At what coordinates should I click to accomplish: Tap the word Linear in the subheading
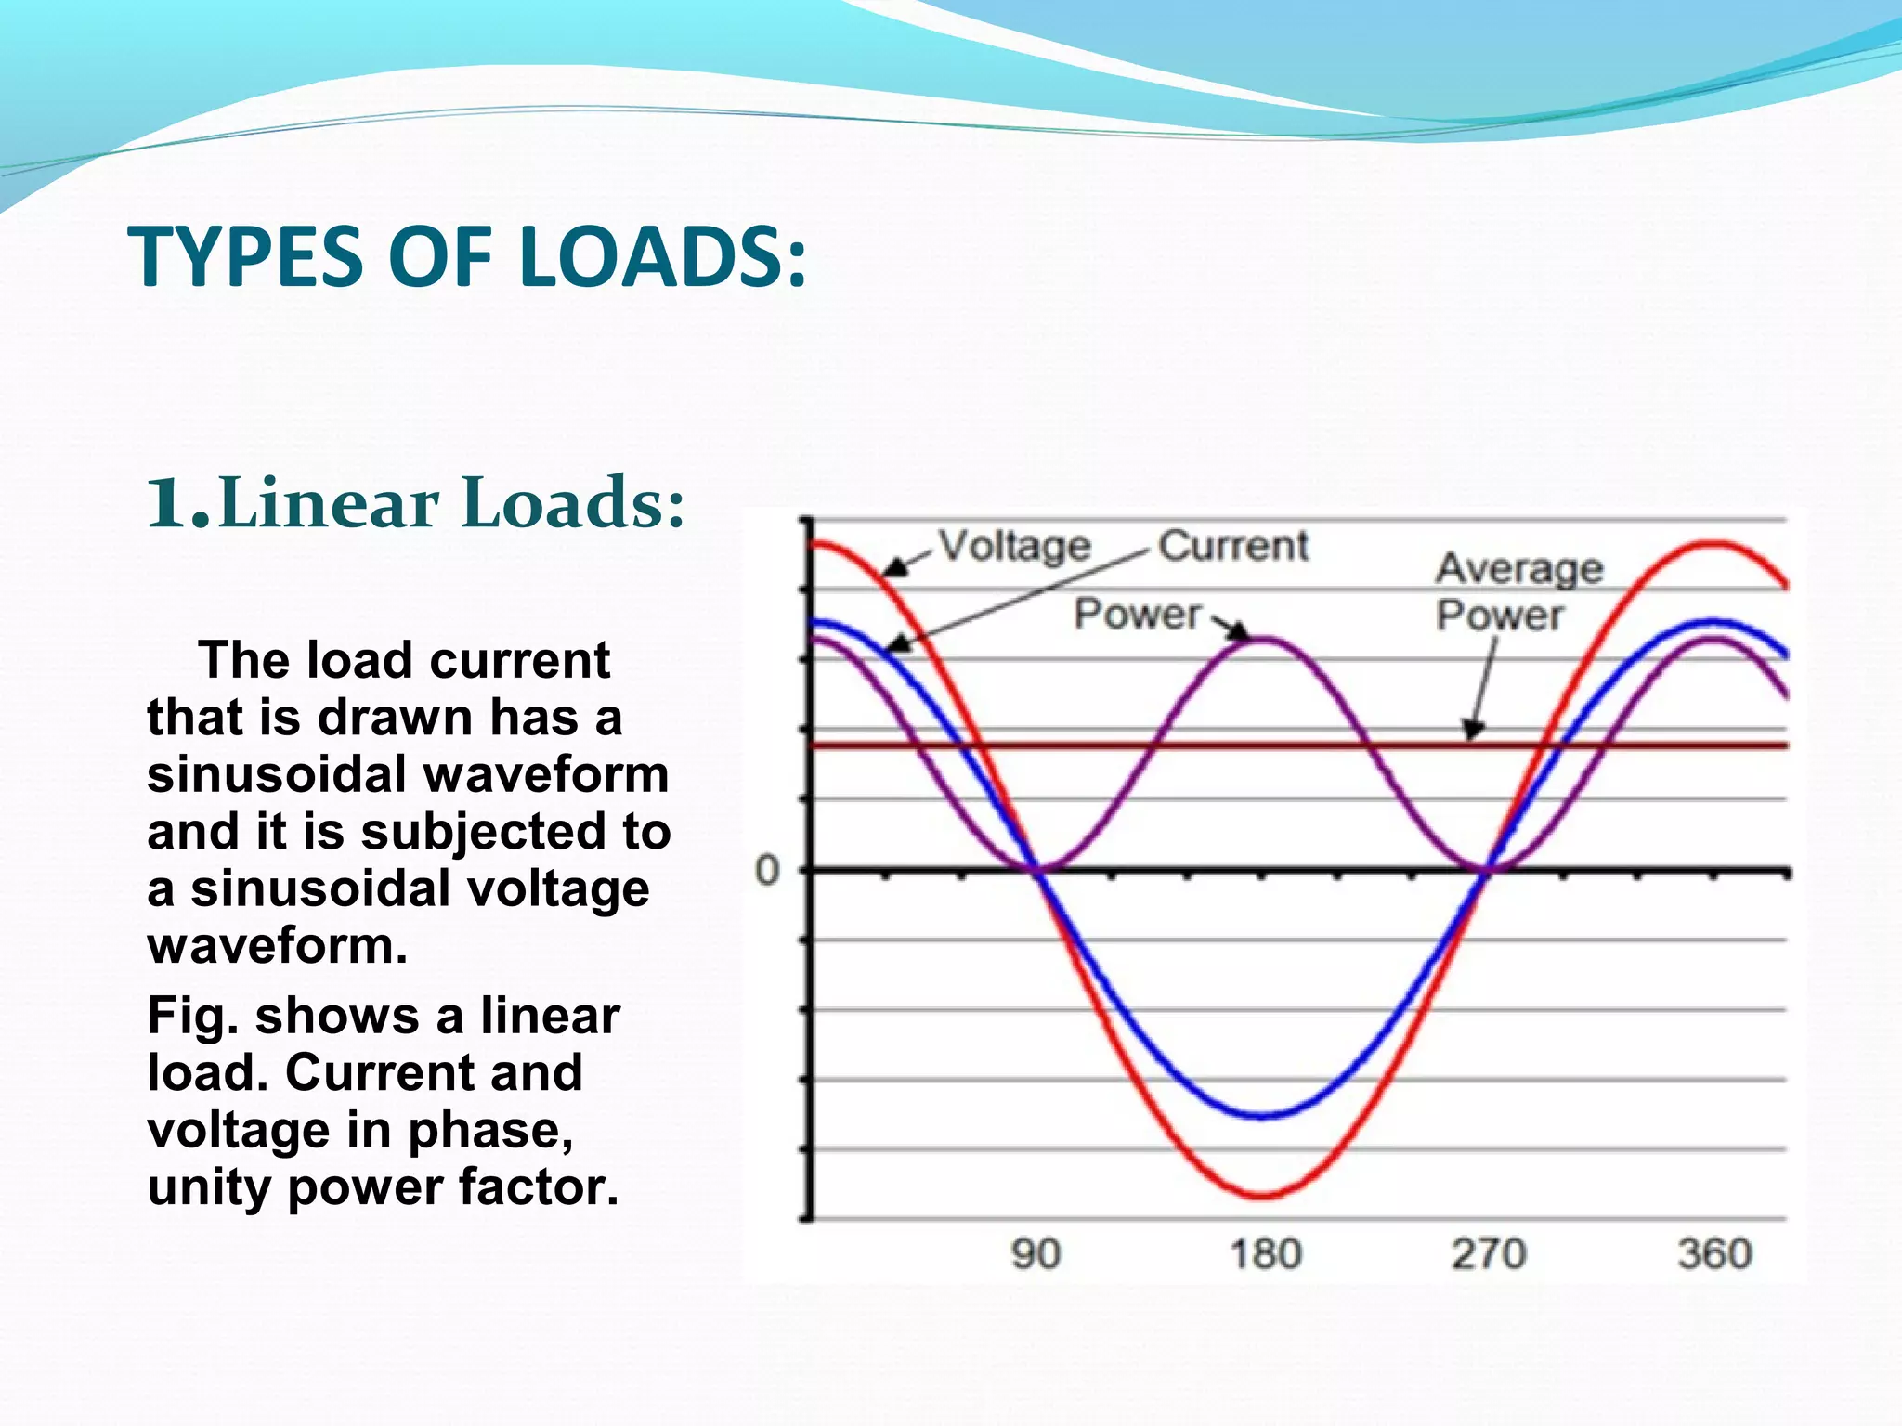330,502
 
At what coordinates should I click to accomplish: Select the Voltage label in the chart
1014,546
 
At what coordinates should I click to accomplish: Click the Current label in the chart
1233,546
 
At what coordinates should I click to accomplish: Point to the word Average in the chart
1519,568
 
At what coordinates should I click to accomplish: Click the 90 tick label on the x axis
1036,1254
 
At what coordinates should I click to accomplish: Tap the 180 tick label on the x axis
1266,1254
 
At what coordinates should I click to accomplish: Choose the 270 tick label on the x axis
1489,1254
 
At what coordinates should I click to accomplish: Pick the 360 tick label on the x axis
1714,1254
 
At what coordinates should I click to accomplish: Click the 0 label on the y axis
767,871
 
